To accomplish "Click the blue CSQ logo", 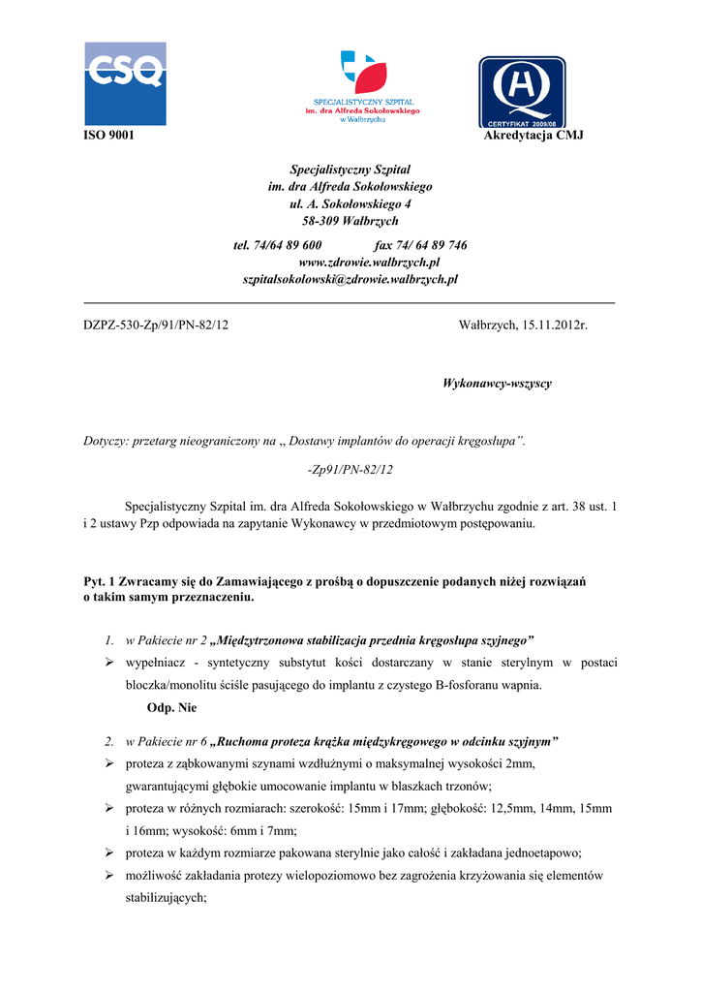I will [x=125, y=83].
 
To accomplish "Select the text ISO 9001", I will [x=107, y=135].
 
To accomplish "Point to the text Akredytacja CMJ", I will [x=533, y=135].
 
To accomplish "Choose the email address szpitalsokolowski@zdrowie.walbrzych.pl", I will [x=350, y=279].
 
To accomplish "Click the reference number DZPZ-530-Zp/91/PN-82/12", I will [x=156, y=325].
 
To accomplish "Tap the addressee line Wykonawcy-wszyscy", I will [x=497, y=384].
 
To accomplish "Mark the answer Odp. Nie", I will [x=172, y=708].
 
